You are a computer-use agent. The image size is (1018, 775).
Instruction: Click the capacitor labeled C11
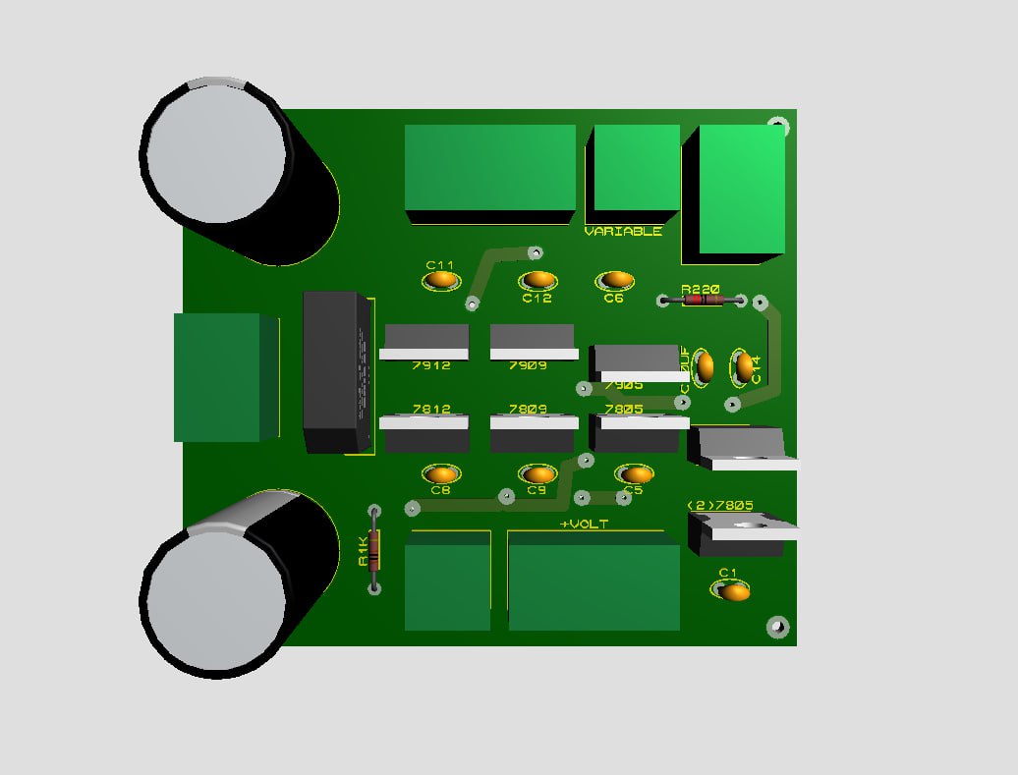coord(441,280)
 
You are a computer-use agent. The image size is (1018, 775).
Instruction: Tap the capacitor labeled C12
coord(537,282)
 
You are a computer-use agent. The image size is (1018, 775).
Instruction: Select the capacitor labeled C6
coord(614,282)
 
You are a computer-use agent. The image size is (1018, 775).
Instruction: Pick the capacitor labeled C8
coord(440,474)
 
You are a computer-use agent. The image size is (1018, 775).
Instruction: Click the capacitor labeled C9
coord(537,474)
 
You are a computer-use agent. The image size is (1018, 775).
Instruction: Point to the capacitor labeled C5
coord(633,474)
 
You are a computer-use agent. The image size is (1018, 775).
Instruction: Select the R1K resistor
coord(373,552)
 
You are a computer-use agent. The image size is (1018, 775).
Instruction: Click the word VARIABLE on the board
coord(623,232)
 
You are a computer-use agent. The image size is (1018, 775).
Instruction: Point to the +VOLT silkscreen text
coord(584,525)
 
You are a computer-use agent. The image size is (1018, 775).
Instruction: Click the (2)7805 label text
coord(719,506)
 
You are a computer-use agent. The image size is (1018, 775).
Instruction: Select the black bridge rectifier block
coord(336,372)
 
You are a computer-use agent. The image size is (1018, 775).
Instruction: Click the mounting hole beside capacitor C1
coord(777,626)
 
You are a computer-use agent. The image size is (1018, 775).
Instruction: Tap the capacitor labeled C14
coord(744,367)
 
